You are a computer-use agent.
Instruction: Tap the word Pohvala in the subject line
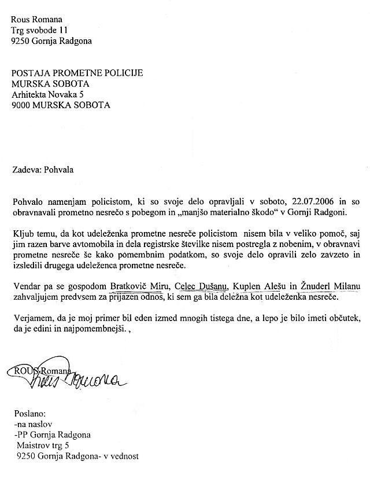click(x=59, y=170)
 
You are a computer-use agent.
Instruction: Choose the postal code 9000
click(x=23, y=105)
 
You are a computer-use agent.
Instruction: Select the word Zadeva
click(x=25, y=170)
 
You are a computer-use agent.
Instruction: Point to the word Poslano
click(x=28, y=414)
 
